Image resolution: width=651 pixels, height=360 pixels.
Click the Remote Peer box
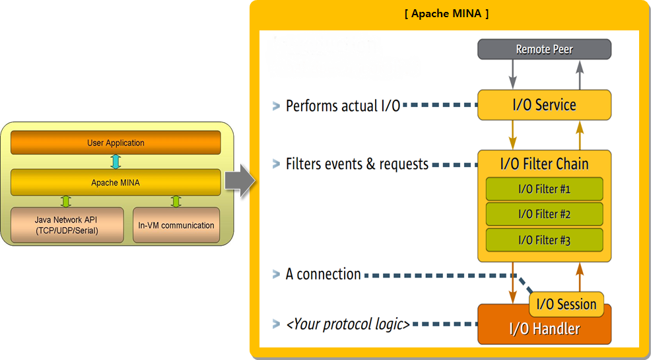544,49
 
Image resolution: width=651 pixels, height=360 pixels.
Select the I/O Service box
544,104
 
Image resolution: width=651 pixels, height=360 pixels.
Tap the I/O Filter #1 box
544,190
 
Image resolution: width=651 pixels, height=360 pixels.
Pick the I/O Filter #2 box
544,214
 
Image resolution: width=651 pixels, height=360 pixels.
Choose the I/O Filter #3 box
544,240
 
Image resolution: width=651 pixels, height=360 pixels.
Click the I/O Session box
566,305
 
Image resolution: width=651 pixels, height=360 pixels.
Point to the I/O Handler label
544,329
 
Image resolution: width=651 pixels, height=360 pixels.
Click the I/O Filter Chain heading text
544,164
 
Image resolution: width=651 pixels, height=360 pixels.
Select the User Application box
116,143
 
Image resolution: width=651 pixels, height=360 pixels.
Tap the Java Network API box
67,225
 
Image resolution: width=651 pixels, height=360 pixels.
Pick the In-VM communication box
176,225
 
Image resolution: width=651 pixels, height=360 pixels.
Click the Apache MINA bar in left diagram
116,182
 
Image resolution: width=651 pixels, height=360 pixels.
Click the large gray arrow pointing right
240,180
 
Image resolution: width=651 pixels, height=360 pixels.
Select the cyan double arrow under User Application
116,162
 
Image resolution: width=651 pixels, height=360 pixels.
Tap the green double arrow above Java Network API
65,201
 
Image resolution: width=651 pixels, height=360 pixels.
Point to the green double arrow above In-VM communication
176,201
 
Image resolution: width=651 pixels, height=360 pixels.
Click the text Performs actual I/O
343,106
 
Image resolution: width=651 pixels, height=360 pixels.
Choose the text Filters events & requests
357,164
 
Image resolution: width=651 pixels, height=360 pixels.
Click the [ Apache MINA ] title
446,14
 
